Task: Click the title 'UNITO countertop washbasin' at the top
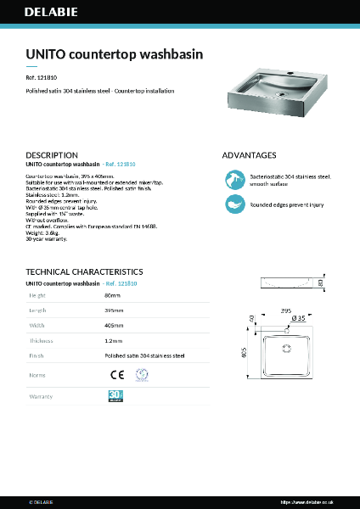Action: point(114,53)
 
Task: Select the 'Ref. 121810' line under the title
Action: point(43,76)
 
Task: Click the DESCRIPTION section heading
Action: point(52,156)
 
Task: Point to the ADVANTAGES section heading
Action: point(249,156)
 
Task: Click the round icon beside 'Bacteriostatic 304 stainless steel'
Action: point(234,179)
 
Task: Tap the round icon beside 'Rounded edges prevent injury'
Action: point(234,204)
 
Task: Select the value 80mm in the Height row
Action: point(112,296)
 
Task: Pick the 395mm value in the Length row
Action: point(114,311)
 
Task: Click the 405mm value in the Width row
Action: point(114,326)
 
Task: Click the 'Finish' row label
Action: point(37,356)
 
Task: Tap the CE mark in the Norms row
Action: point(115,374)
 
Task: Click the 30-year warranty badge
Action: point(116,395)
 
